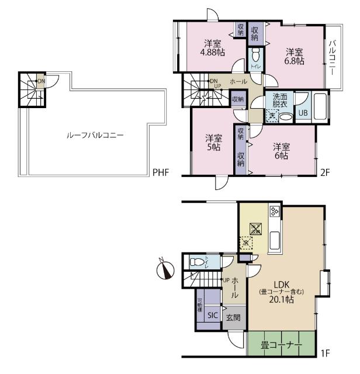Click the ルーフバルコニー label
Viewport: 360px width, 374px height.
94,134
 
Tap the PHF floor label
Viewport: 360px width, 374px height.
161,172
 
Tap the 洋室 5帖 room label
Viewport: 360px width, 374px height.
213,143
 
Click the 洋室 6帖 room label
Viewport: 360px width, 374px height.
281,151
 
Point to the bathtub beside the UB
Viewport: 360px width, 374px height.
321,107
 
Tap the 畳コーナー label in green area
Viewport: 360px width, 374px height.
282,345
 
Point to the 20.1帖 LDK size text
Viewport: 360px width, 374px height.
282,299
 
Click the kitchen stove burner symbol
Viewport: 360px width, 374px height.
275,212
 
